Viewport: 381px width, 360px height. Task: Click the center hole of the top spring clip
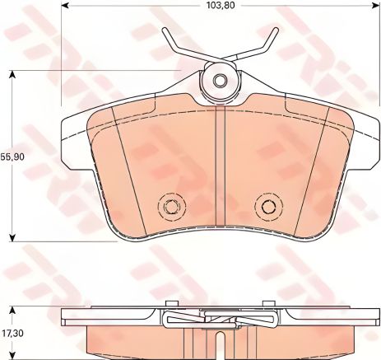point(220,81)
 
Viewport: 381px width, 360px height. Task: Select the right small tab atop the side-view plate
point(270,303)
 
